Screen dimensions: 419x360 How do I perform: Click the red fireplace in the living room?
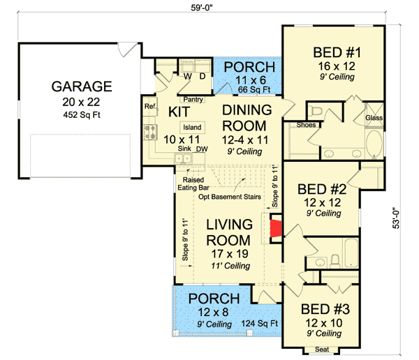point(276,228)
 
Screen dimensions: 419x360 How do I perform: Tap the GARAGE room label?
point(82,87)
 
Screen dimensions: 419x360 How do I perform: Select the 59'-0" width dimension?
point(202,8)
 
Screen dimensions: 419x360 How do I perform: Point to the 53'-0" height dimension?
point(396,218)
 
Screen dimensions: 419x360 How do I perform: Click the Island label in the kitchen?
point(192,128)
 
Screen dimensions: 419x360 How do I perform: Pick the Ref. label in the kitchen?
point(150,106)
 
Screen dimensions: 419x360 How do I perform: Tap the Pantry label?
point(193,99)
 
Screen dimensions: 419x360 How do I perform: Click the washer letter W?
point(188,76)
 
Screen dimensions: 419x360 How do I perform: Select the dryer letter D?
point(203,76)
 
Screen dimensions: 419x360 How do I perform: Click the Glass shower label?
point(374,118)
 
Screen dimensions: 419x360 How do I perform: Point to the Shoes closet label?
point(307,125)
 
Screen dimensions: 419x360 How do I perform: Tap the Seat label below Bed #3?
point(322,350)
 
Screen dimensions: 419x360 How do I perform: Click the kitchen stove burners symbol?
point(150,132)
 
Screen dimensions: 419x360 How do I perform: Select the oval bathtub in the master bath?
point(374,144)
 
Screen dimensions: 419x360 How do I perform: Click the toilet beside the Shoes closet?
point(315,110)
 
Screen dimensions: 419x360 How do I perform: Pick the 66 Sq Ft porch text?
point(254,90)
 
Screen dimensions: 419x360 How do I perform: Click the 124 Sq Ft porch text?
point(260,324)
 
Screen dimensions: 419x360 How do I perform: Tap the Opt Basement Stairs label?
point(230,197)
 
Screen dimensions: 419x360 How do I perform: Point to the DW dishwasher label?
point(202,149)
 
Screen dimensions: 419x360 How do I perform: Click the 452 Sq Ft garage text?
point(82,115)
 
